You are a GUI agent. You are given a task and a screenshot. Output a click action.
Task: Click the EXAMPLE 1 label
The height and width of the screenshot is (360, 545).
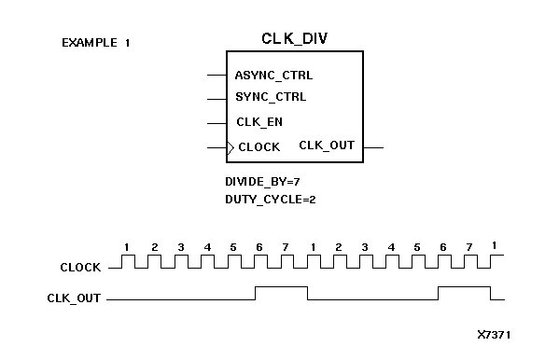click(95, 43)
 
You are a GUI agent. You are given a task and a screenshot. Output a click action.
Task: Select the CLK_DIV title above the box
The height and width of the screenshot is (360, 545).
click(294, 38)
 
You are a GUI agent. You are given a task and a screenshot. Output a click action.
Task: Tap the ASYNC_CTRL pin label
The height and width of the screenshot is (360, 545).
click(273, 75)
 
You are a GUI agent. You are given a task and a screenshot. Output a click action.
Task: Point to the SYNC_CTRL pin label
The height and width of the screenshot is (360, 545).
click(271, 96)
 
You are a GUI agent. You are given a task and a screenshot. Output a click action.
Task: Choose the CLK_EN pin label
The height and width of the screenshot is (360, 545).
click(259, 121)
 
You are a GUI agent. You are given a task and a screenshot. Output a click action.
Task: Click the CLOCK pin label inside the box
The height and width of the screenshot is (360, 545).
click(259, 146)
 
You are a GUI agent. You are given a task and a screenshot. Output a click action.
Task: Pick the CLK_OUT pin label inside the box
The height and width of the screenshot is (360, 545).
click(327, 145)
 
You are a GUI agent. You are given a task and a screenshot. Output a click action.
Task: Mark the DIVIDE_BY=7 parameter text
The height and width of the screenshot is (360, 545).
click(262, 181)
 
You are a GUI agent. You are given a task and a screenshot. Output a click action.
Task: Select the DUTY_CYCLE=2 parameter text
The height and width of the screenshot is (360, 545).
click(270, 199)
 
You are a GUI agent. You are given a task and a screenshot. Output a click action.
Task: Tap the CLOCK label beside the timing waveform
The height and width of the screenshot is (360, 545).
click(80, 268)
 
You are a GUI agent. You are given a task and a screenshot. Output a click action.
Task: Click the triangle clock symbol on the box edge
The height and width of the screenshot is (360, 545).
click(230, 146)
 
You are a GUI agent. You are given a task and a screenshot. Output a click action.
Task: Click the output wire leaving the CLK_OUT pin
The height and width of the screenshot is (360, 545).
click(373, 146)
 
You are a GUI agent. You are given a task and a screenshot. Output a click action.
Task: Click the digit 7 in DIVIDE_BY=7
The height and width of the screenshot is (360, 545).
click(296, 181)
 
